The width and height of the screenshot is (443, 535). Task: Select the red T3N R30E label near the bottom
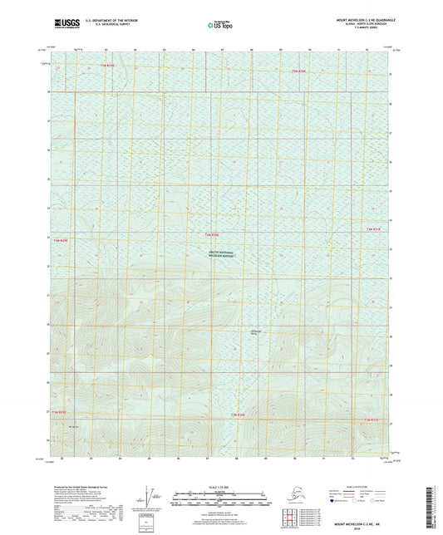point(239,415)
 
